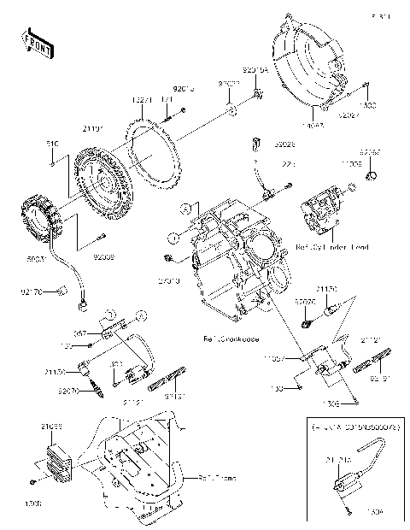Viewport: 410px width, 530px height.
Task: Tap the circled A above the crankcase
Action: (x=184, y=209)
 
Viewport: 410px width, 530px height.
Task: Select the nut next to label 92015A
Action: (x=258, y=92)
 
